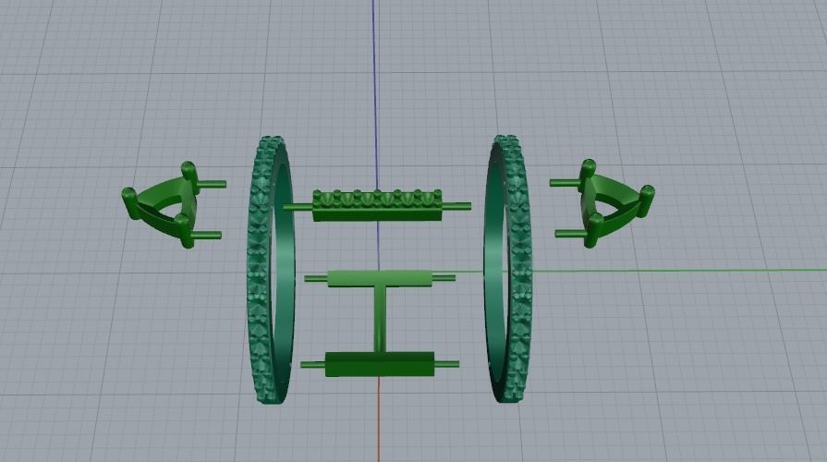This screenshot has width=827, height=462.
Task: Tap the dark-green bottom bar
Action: pyautogui.click(x=379, y=364)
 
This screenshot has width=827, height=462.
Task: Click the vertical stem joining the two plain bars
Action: pyautogui.click(x=380, y=320)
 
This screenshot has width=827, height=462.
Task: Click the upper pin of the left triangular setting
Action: pyautogui.click(x=212, y=183)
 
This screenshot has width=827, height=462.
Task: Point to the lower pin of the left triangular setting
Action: pyautogui.click(x=209, y=236)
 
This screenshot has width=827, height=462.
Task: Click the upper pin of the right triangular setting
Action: pyautogui.click(x=564, y=183)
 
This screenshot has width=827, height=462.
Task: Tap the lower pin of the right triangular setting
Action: pyautogui.click(x=567, y=235)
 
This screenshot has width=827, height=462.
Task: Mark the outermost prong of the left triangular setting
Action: pyautogui.click(x=129, y=195)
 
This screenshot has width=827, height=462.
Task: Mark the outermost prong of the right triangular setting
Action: pyautogui.click(x=648, y=195)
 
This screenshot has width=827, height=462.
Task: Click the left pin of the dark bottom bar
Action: pyautogui.click(x=313, y=365)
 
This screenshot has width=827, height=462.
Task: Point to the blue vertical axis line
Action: pyautogui.click(x=374, y=74)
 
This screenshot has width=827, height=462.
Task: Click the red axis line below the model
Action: pyautogui.click(x=379, y=425)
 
